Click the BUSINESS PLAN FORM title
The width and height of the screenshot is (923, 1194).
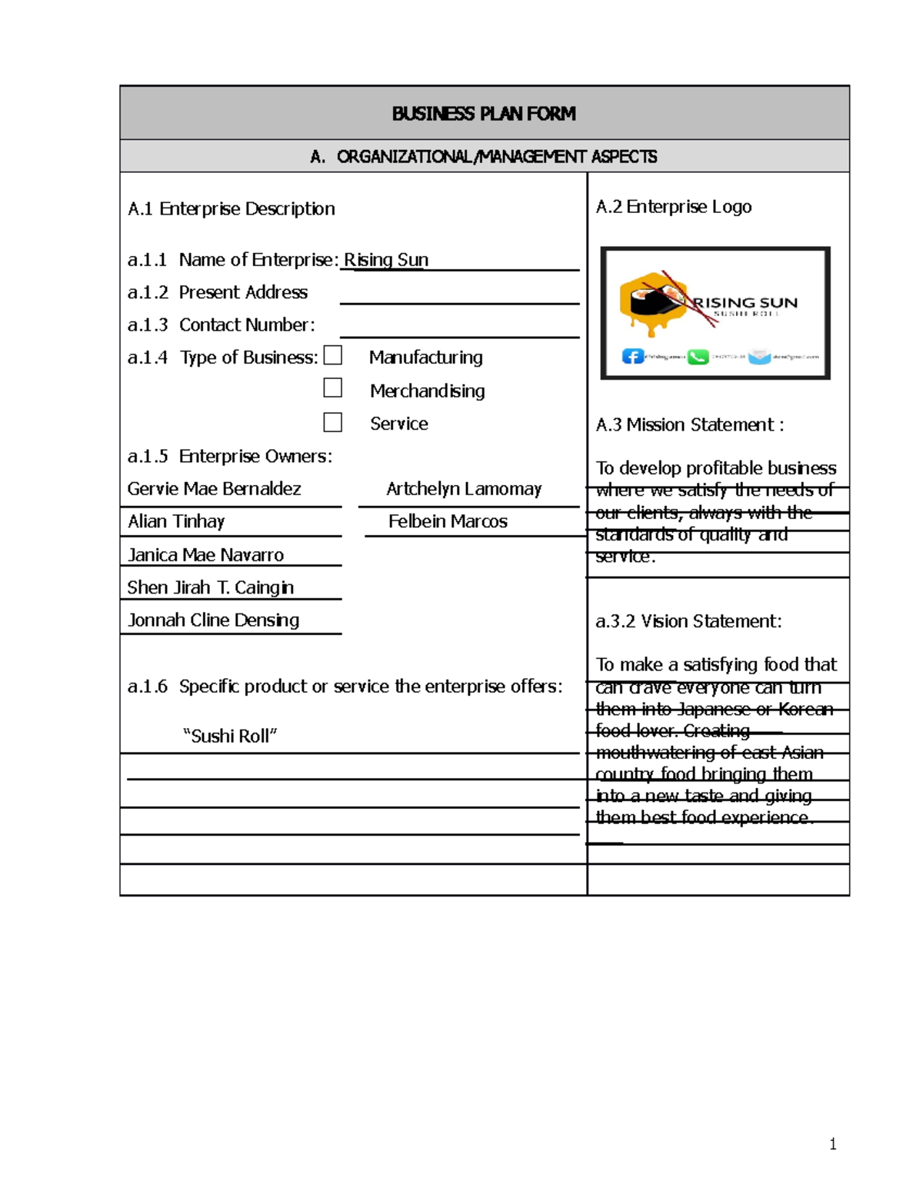[483, 114]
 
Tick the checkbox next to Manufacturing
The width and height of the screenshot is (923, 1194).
[333, 355]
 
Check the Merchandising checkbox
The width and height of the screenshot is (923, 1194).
[333, 388]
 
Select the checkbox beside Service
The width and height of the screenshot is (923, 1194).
[333, 422]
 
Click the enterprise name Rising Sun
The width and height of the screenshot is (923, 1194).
[386, 260]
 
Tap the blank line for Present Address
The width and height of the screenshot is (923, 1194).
[459, 294]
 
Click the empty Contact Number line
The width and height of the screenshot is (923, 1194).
[459, 328]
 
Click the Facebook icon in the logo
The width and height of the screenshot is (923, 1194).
[632, 357]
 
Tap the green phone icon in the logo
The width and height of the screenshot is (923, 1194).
[698, 357]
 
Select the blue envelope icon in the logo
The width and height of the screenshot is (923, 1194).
[760, 357]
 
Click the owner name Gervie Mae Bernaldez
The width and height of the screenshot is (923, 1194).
[214, 489]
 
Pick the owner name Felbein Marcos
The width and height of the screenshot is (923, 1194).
[448, 521]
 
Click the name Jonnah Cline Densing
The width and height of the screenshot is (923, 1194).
[213, 620]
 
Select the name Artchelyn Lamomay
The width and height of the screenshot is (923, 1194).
[464, 489]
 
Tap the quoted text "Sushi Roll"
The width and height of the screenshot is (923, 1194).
[230, 737]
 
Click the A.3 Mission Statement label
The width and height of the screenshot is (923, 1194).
[689, 425]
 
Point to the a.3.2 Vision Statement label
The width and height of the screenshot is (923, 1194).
[688, 621]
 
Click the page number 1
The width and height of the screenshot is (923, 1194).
[832, 1144]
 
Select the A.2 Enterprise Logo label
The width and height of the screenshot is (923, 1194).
[673, 207]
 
